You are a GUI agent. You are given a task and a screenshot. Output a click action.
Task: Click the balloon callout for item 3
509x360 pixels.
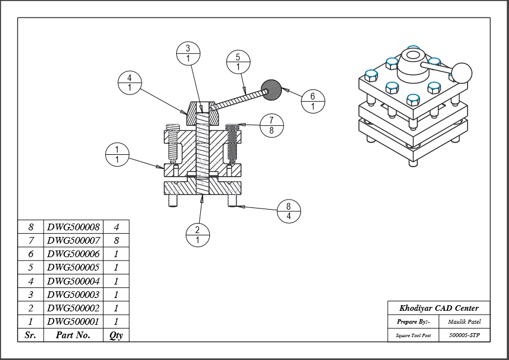[x=188, y=53]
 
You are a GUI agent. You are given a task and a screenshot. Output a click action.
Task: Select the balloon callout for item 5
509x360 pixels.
[x=238, y=62]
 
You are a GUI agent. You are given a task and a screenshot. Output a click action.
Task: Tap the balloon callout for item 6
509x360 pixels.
[x=313, y=101]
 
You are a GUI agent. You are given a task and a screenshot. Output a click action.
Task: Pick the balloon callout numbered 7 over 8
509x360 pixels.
[x=271, y=125]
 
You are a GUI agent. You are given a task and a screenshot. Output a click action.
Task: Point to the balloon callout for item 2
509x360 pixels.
[x=197, y=235]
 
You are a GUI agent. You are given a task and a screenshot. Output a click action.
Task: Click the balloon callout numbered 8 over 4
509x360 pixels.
[x=289, y=211]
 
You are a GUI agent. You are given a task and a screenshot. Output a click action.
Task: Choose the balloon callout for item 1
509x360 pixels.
[x=117, y=154]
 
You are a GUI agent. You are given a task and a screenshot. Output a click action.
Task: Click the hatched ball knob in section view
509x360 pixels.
[x=272, y=89]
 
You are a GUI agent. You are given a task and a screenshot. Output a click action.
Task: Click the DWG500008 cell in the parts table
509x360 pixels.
[x=73, y=227]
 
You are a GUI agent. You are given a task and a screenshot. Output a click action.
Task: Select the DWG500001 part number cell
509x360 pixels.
[x=73, y=321]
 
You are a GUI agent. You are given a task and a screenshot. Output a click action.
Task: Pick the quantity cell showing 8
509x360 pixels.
[x=116, y=240]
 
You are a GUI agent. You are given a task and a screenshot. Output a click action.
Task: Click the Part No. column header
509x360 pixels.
[x=73, y=335]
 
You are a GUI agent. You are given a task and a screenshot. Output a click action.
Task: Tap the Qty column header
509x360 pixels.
[x=116, y=335]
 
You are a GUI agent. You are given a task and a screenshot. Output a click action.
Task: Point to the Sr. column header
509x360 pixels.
[x=31, y=335]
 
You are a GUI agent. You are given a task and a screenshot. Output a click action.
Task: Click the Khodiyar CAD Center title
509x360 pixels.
[x=439, y=308]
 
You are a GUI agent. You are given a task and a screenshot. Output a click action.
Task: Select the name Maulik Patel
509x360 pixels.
[x=464, y=321]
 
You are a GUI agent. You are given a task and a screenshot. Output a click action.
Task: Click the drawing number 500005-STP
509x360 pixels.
[x=464, y=335]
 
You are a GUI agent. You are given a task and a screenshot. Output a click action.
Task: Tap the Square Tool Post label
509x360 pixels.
[x=413, y=335]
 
